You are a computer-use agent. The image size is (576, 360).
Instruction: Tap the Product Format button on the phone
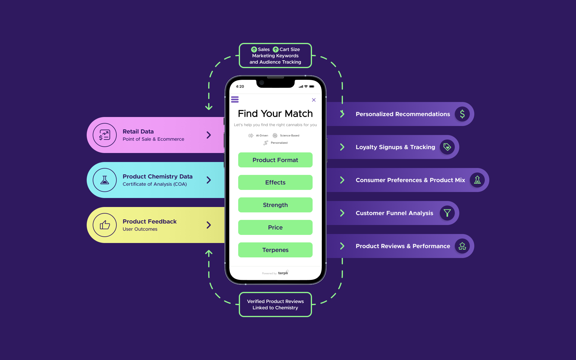point(275,160)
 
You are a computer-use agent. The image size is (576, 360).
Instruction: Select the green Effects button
point(275,182)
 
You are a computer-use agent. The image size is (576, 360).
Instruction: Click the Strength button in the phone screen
point(275,205)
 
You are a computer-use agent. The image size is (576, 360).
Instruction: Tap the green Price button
point(275,227)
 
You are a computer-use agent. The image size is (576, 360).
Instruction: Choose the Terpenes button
point(275,250)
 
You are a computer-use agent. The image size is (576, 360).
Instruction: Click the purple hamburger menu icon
point(235,99)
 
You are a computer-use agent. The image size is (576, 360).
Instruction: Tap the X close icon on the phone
point(314,100)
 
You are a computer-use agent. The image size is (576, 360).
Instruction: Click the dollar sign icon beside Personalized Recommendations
point(462,114)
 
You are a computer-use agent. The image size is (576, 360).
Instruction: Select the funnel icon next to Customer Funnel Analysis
point(447,213)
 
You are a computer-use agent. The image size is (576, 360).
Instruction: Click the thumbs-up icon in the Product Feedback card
point(105,225)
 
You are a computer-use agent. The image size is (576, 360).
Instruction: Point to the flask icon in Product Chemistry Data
point(105,180)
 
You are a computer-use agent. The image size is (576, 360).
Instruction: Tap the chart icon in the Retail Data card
point(105,135)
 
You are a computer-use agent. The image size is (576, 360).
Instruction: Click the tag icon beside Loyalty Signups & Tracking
point(447,147)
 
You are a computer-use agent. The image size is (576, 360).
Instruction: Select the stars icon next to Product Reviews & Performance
point(462,246)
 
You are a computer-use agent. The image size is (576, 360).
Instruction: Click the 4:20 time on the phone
point(240,86)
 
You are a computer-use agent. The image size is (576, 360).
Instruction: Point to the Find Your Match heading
point(275,114)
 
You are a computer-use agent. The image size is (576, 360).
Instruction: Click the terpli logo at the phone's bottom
point(283,273)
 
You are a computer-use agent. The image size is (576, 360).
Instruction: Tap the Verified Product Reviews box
point(275,304)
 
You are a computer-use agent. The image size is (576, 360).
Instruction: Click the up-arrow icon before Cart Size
point(276,49)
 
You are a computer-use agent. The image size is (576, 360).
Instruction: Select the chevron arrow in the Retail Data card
point(209,135)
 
